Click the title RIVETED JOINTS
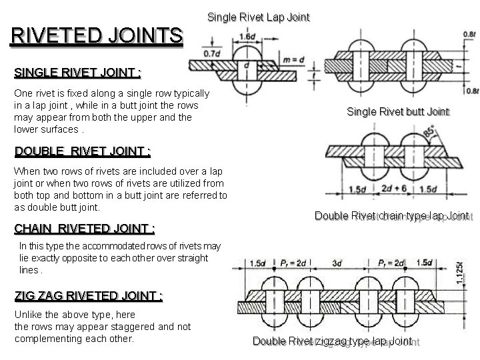click(96, 35)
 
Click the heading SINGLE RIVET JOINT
click(78, 71)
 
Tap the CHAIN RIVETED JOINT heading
click(84, 229)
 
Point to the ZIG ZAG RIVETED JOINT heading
click(88, 295)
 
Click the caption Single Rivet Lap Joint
click(259, 17)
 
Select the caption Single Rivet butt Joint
click(398, 111)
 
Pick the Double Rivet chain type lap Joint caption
click(391, 215)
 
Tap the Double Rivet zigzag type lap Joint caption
click(332, 342)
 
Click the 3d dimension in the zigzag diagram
click(339, 262)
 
